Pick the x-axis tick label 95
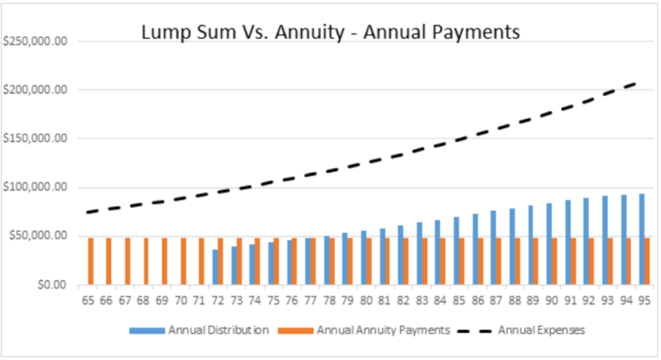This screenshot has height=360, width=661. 643,301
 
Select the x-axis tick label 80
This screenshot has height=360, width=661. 367,301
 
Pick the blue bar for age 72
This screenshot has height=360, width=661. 216,267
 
